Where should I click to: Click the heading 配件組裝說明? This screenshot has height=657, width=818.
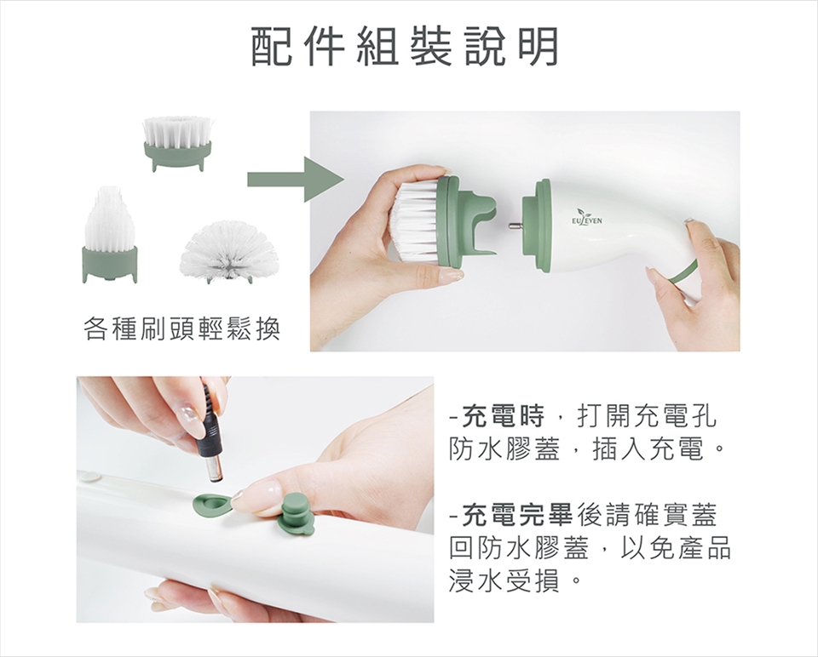[x=406, y=47]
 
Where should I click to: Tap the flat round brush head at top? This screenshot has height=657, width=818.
[x=178, y=144]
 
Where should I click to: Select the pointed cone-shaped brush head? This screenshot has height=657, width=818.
[x=110, y=234]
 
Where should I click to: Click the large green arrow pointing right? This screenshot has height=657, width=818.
[x=296, y=180]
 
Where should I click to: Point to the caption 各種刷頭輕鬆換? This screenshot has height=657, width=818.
[x=182, y=328]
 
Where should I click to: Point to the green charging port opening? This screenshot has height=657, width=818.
[x=210, y=503]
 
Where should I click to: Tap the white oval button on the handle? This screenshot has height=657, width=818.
[x=89, y=475]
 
